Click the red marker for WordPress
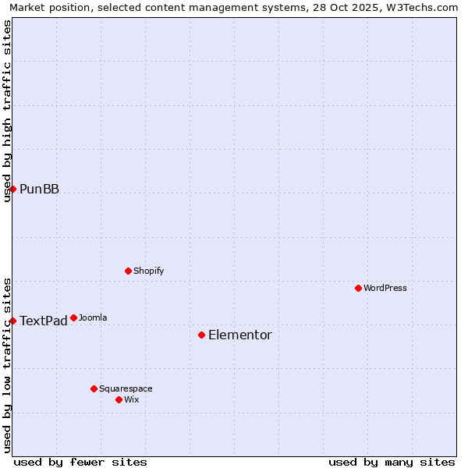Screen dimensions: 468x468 (x=358, y=288)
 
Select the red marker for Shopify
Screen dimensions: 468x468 (x=128, y=271)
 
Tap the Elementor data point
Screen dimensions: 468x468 (x=201, y=335)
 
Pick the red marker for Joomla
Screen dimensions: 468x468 (x=73, y=317)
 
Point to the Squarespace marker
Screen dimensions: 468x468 (x=94, y=388)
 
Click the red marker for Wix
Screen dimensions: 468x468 (x=119, y=399)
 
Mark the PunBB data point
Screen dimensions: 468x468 (x=12, y=189)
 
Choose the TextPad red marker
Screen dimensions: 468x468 (x=12, y=321)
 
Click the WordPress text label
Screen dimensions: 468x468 (x=385, y=288)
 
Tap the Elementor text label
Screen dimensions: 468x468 (x=240, y=335)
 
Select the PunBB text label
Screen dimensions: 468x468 (x=39, y=189)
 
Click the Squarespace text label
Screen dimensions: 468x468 (x=126, y=388)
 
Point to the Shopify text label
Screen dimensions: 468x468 (x=148, y=271)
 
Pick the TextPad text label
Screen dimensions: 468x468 (x=44, y=321)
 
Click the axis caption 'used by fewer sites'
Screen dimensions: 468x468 (x=80, y=462)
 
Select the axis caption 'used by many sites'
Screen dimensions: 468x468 (x=392, y=462)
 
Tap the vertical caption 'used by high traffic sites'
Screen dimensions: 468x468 (x=7, y=110)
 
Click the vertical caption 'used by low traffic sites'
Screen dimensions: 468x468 (x=7, y=364)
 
